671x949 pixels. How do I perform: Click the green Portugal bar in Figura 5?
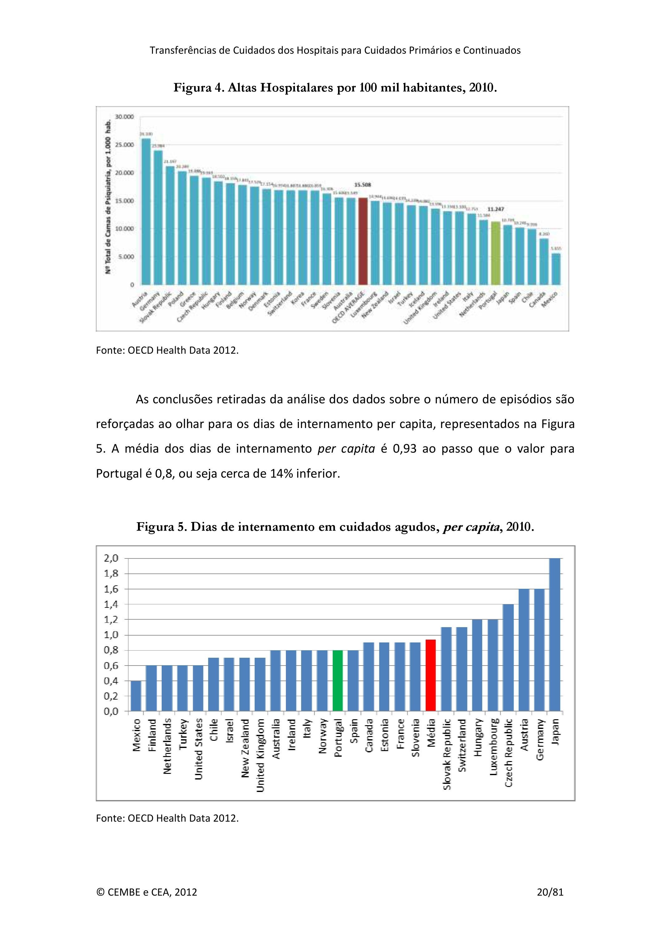(338, 680)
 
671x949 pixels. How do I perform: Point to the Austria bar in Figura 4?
(146, 211)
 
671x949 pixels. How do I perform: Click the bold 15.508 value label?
(362, 185)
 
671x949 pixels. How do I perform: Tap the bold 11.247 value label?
(495, 209)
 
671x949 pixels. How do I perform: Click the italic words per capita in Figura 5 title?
(471, 527)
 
